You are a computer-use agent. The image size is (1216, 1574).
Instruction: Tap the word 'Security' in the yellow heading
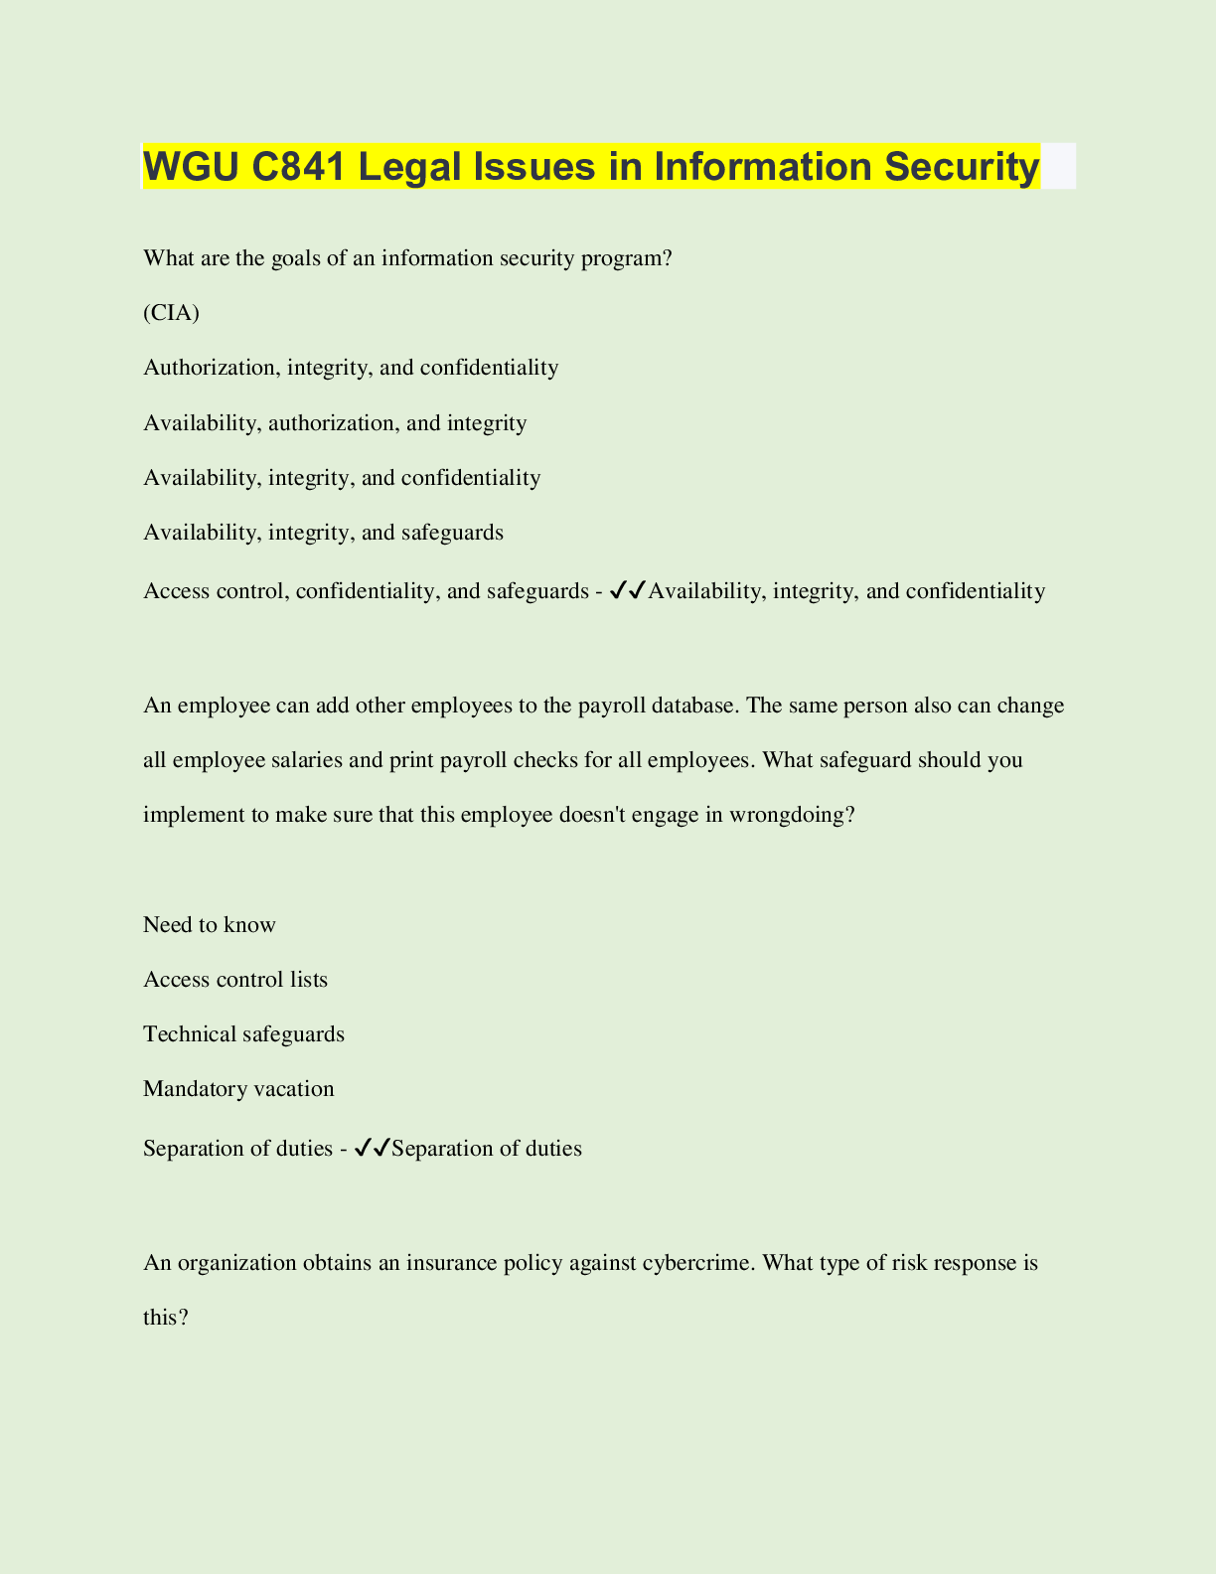pos(962,166)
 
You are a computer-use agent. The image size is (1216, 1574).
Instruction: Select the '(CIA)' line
pos(171,313)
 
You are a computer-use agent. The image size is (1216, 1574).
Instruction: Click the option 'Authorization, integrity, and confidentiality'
pos(351,368)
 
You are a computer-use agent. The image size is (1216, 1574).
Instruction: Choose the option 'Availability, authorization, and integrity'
pos(335,423)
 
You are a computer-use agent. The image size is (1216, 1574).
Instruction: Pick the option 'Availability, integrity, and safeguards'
pos(323,533)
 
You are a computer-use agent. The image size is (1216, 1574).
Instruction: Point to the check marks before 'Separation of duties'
pos(372,1149)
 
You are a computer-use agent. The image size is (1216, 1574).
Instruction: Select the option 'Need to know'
pos(210,925)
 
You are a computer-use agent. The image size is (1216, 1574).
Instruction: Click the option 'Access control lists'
pos(235,980)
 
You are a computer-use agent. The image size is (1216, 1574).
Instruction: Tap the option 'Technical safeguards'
pos(243,1034)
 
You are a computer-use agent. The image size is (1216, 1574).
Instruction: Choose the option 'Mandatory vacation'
pos(238,1089)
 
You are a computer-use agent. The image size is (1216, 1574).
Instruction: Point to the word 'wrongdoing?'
pos(792,815)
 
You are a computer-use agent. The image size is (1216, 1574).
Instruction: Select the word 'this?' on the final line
pos(166,1318)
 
